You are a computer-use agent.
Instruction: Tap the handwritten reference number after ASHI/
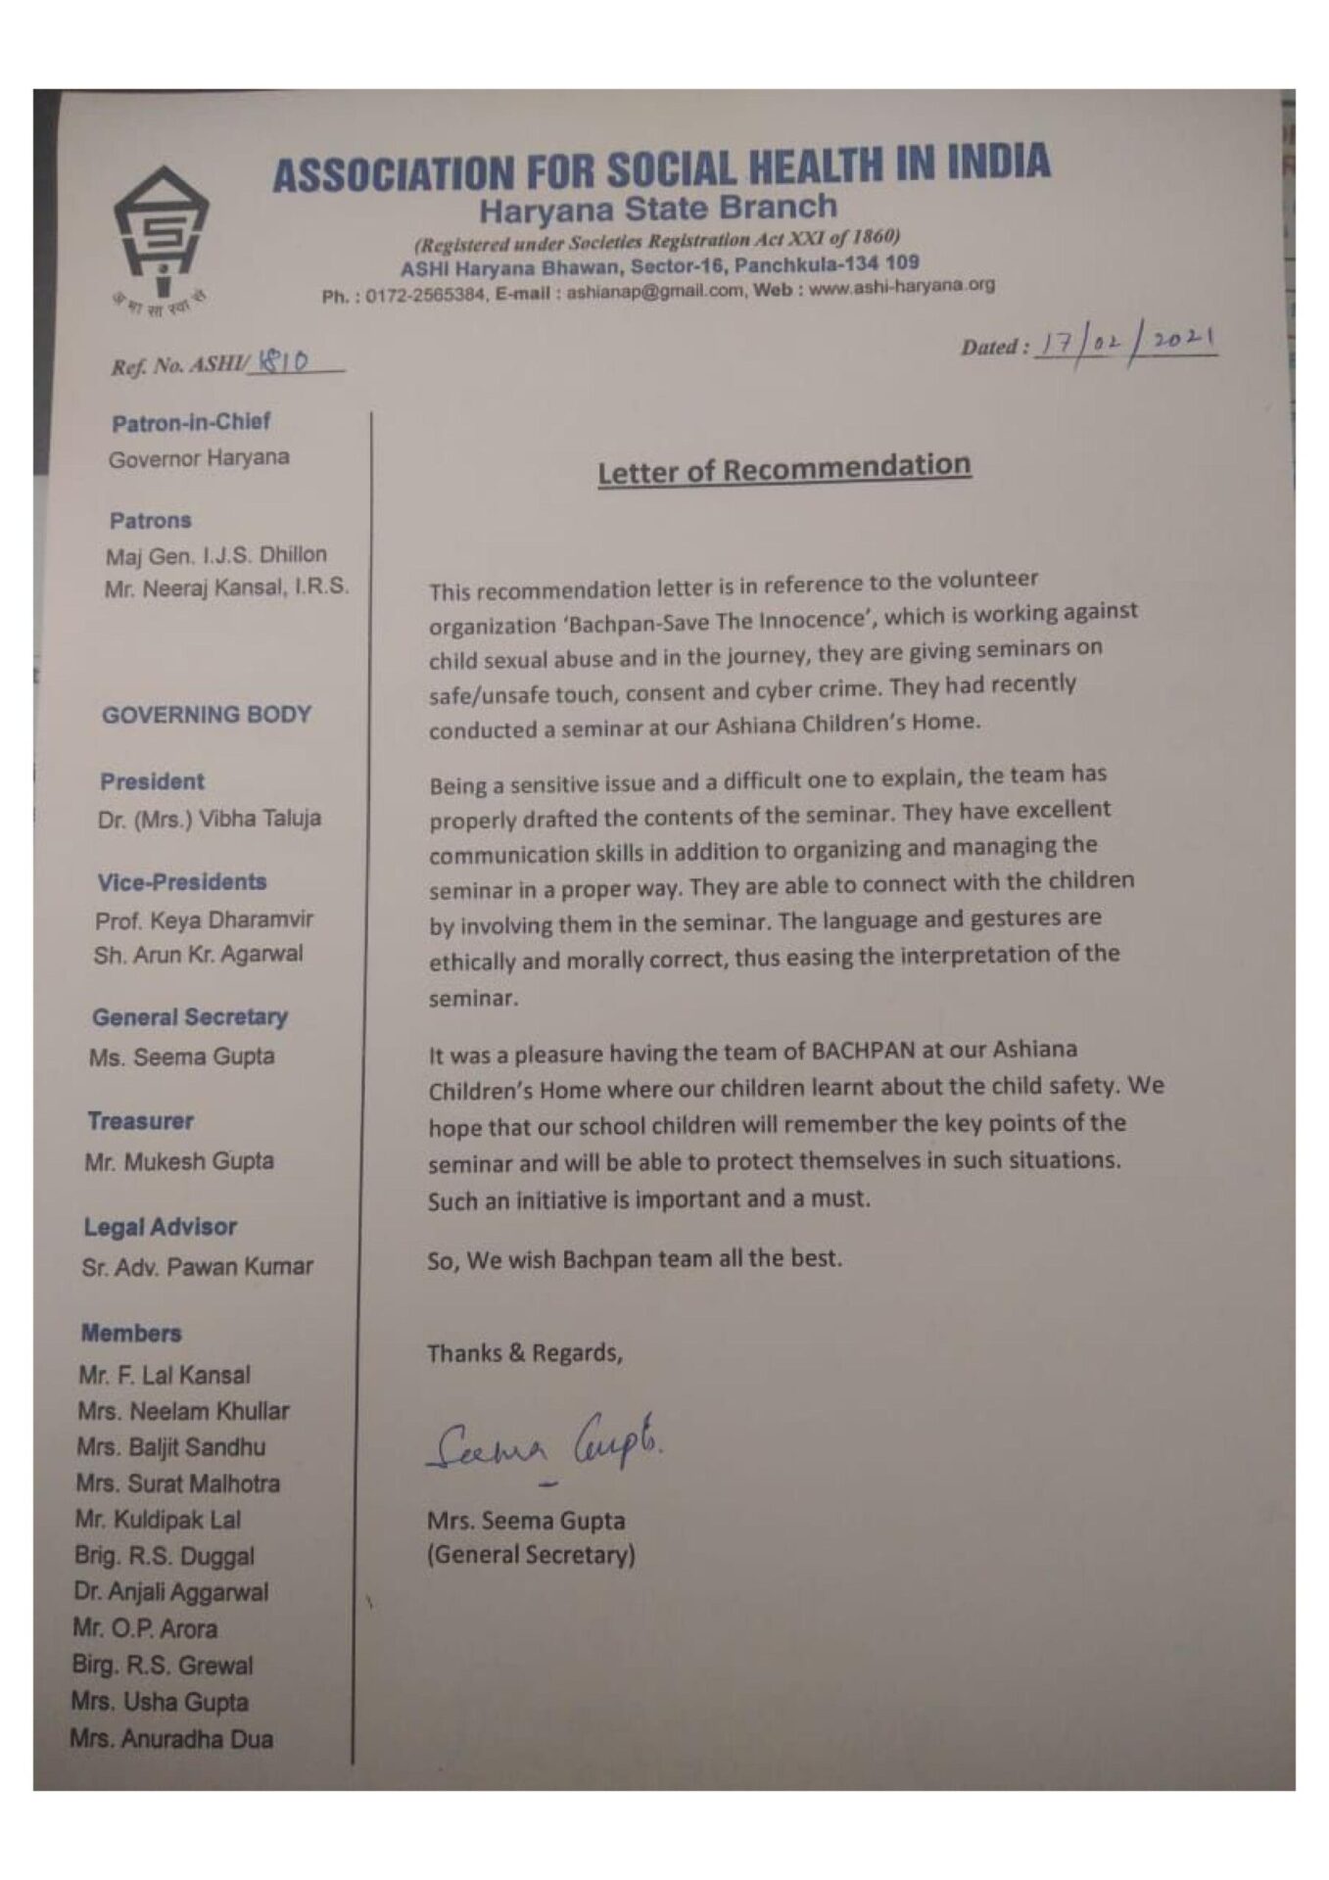[282, 362]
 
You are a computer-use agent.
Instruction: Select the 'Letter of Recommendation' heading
[783, 469]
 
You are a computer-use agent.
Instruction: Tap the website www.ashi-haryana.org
[901, 287]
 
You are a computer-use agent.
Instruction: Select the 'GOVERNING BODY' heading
[206, 715]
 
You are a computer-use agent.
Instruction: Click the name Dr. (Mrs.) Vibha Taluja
[209, 819]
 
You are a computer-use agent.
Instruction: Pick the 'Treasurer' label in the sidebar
[140, 1121]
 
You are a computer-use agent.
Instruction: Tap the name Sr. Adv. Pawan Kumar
[197, 1267]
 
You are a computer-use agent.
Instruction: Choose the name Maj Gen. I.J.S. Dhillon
[215, 555]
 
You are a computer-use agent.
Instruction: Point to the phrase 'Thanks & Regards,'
[525, 1353]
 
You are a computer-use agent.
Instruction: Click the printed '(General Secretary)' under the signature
[531, 1555]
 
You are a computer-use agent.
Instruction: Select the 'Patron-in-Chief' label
[190, 423]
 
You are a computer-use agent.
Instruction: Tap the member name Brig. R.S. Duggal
[165, 1556]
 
